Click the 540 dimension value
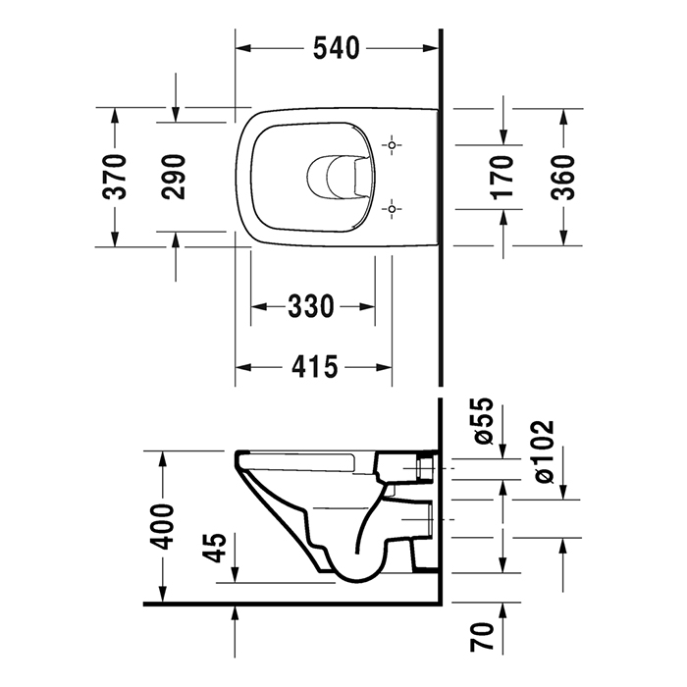[x=337, y=46]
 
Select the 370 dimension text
[x=117, y=176]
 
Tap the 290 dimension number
[x=175, y=176]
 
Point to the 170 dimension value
[x=502, y=176]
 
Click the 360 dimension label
[x=563, y=176]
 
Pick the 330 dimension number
[x=310, y=307]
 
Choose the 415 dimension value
[x=314, y=367]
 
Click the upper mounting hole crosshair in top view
[x=393, y=146]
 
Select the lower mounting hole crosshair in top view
[x=393, y=208]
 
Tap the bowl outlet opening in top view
[x=335, y=177]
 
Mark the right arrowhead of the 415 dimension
[x=385, y=367]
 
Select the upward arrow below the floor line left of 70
[x=236, y=616]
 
